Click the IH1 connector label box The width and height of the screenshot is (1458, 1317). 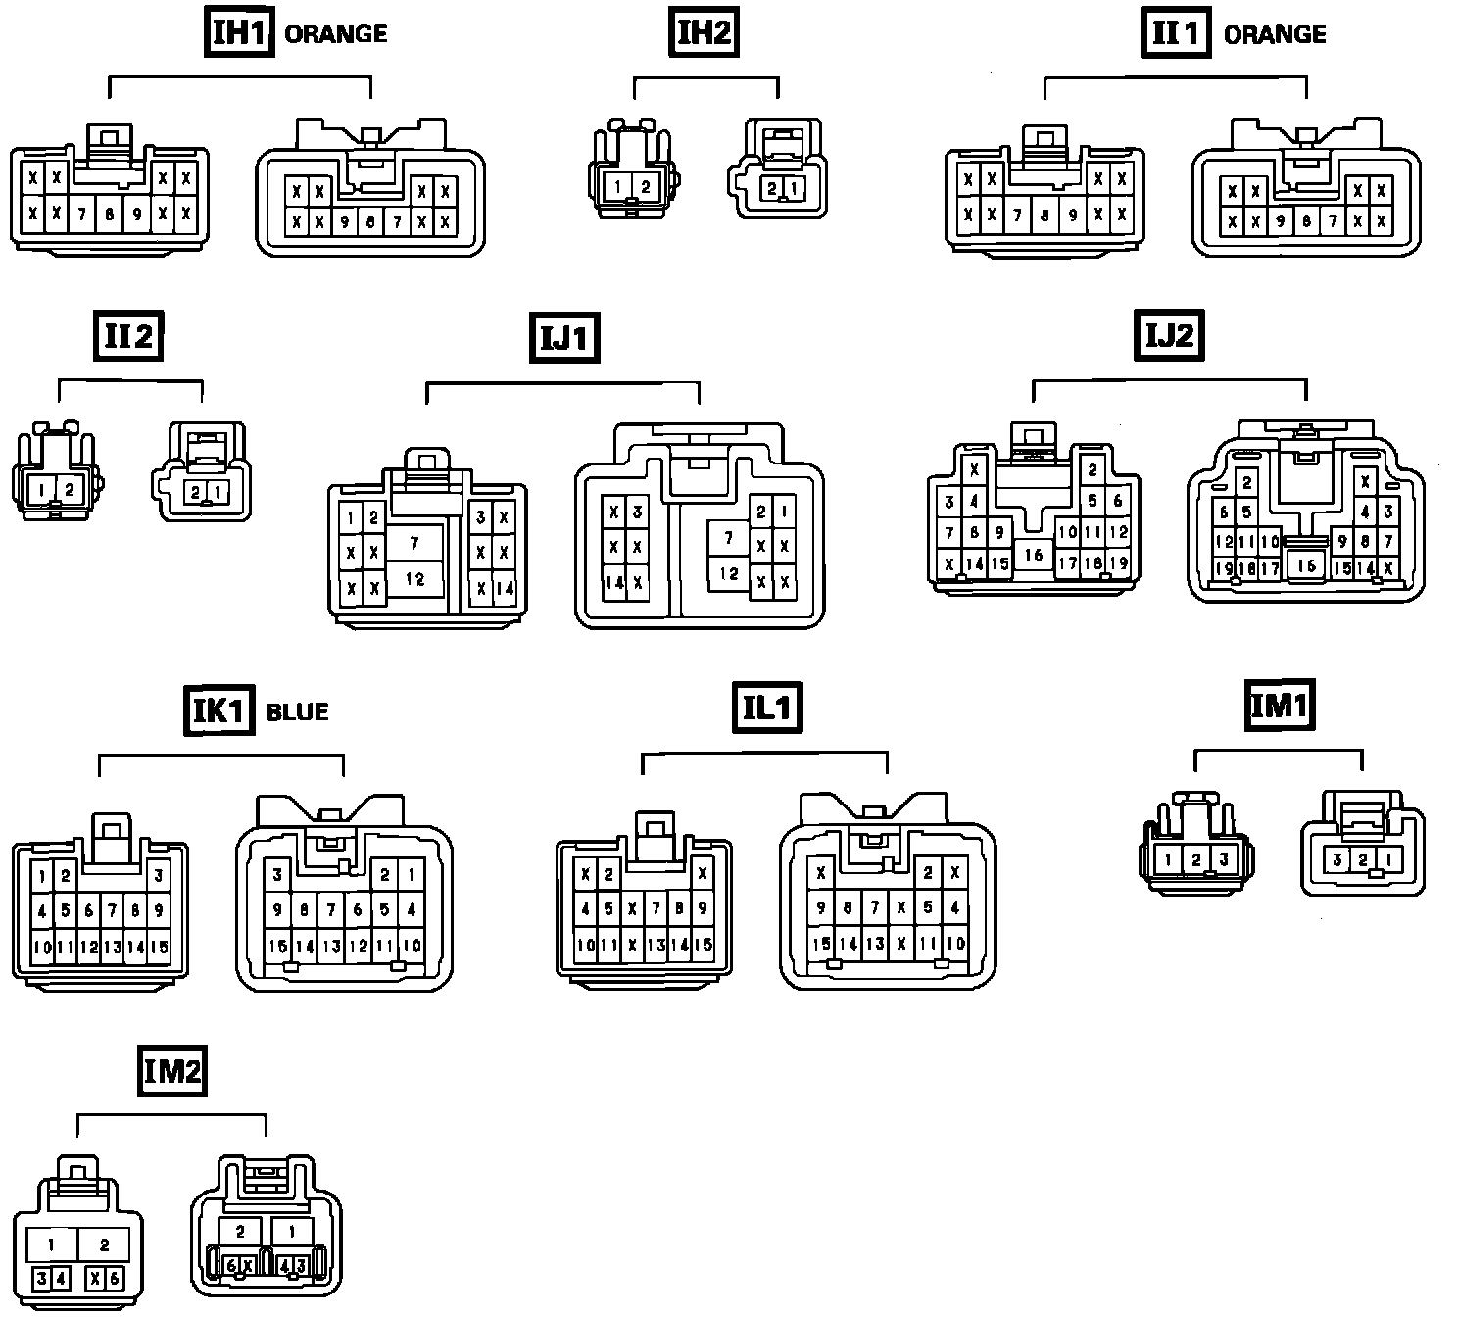click(x=239, y=33)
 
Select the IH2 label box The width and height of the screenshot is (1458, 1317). click(x=705, y=33)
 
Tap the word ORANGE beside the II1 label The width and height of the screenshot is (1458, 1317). click(x=1275, y=34)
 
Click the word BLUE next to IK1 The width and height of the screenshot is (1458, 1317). click(x=297, y=711)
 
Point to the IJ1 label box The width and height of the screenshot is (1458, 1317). click(x=564, y=339)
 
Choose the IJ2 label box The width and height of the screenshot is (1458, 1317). click(x=1169, y=336)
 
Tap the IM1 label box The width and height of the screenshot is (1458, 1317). click(x=1279, y=706)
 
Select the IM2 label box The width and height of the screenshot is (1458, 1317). click(x=171, y=1070)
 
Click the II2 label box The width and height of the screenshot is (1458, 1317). click(x=128, y=337)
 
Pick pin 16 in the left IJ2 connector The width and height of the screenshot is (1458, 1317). click(x=1034, y=556)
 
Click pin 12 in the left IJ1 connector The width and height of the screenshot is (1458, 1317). click(x=414, y=578)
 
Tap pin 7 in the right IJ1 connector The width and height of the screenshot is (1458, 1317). click(x=728, y=537)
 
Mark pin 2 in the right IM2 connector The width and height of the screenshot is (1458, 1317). click(x=240, y=1232)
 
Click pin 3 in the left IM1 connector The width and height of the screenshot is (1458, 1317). click(x=1223, y=860)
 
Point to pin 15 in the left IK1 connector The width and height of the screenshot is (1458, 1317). click(x=159, y=948)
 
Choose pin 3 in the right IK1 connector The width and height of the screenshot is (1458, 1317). click(x=277, y=875)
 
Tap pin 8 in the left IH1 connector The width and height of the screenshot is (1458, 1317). click(x=110, y=213)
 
